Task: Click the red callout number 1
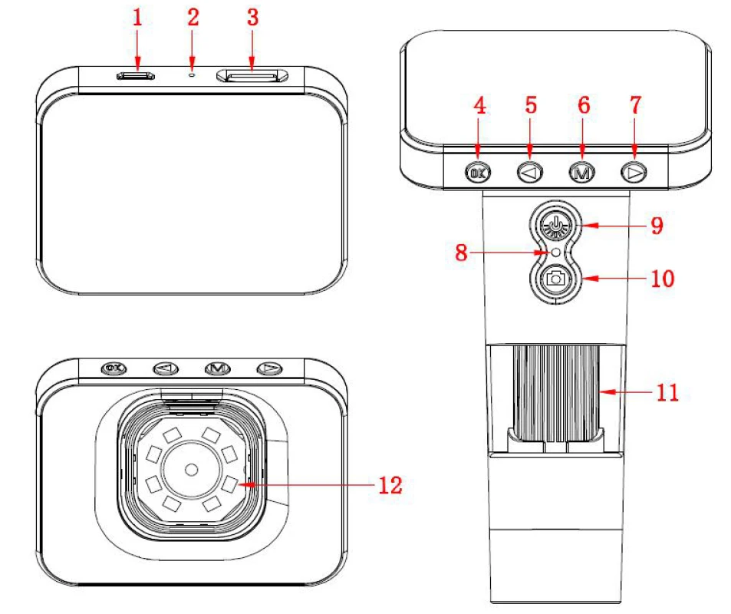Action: click(x=137, y=18)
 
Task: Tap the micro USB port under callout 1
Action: click(x=136, y=75)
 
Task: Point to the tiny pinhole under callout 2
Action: click(x=192, y=74)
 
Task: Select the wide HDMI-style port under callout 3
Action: click(x=252, y=75)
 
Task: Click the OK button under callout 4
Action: click(x=478, y=173)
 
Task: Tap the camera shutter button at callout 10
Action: click(x=555, y=279)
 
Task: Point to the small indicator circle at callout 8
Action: click(x=555, y=253)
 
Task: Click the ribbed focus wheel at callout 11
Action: click(x=555, y=393)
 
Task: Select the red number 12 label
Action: click(x=390, y=485)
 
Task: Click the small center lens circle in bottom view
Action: click(x=191, y=470)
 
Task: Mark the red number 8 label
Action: click(x=461, y=253)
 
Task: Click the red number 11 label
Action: click(x=667, y=392)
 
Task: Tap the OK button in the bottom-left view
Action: click(x=114, y=368)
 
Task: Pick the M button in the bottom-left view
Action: click(x=217, y=368)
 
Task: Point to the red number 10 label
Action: click(x=663, y=279)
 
